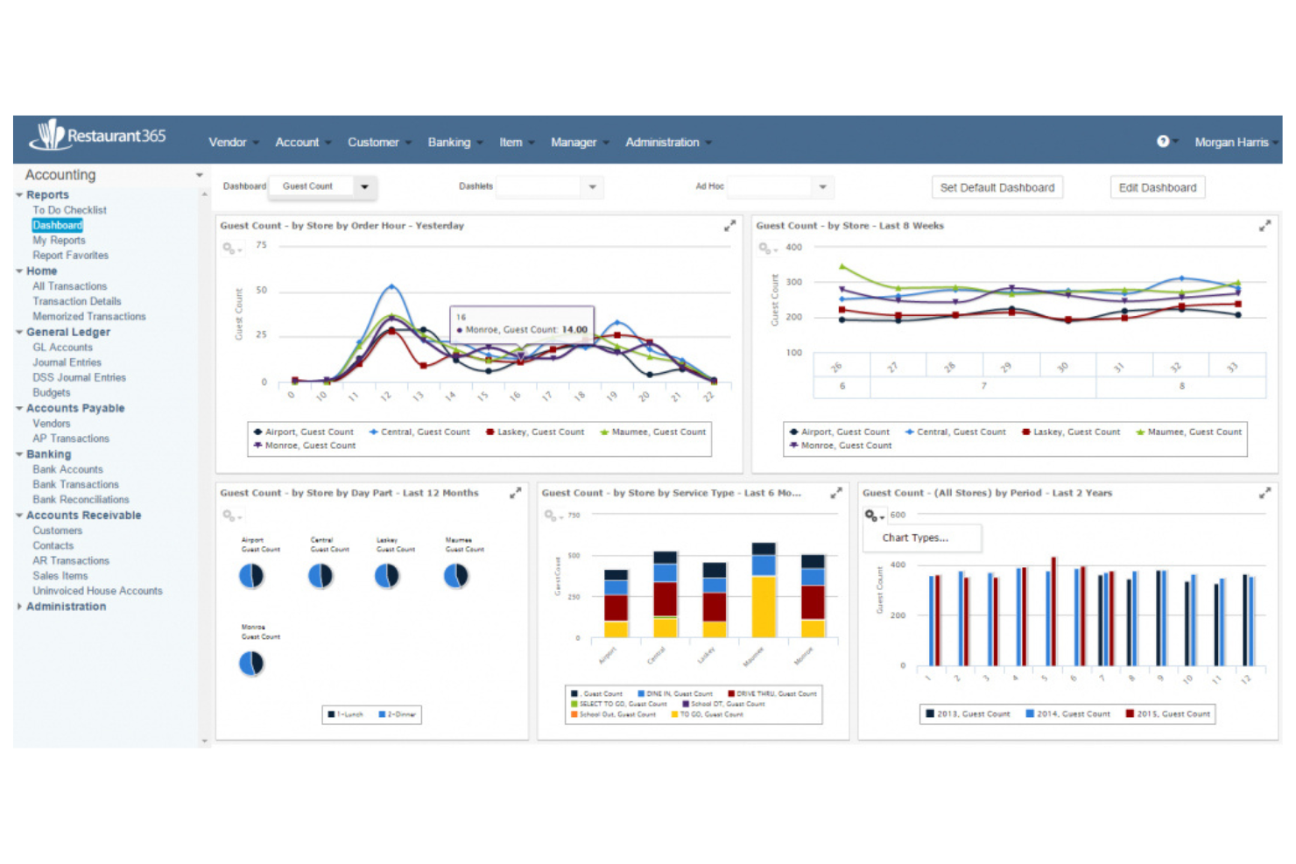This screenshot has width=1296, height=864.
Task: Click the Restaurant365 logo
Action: coord(98,136)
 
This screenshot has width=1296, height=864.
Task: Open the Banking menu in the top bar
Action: coord(449,143)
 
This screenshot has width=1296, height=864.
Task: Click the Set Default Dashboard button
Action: coord(997,187)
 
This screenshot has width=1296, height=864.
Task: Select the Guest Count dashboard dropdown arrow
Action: coord(364,186)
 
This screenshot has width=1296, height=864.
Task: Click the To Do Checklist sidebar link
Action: coord(69,210)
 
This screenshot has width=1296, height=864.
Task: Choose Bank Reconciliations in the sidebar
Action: coord(81,500)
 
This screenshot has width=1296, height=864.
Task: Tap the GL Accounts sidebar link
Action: coord(62,348)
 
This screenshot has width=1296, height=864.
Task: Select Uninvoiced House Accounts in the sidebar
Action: coord(97,591)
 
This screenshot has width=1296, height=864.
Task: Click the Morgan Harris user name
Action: coord(1230,143)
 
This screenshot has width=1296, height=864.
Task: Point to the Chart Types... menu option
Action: coord(915,537)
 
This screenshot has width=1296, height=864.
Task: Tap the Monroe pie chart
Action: coord(251,664)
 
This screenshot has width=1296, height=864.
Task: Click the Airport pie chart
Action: coord(251,575)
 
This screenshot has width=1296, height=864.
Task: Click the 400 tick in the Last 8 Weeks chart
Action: coord(793,248)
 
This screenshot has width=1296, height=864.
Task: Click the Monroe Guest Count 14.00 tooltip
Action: coord(522,324)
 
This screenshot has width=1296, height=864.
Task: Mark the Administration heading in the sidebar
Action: coord(66,607)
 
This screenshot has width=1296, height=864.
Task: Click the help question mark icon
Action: coord(1163,142)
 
